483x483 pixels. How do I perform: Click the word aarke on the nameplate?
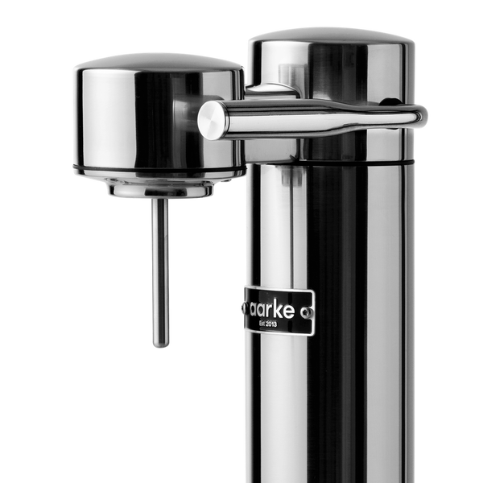point(271,309)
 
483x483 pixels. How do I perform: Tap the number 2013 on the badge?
point(278,324)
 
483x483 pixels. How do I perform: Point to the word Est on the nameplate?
point(263,324)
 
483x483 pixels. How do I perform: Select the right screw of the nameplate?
point(304,309)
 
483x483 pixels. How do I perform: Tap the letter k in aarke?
point(279,309)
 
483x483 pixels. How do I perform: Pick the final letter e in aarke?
point(289,310)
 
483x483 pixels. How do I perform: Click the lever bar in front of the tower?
point(322,114)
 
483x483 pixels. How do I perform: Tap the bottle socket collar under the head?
point(161,190)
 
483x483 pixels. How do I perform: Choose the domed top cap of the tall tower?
point(330,36)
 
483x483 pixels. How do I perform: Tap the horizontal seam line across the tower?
point(330,162)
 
